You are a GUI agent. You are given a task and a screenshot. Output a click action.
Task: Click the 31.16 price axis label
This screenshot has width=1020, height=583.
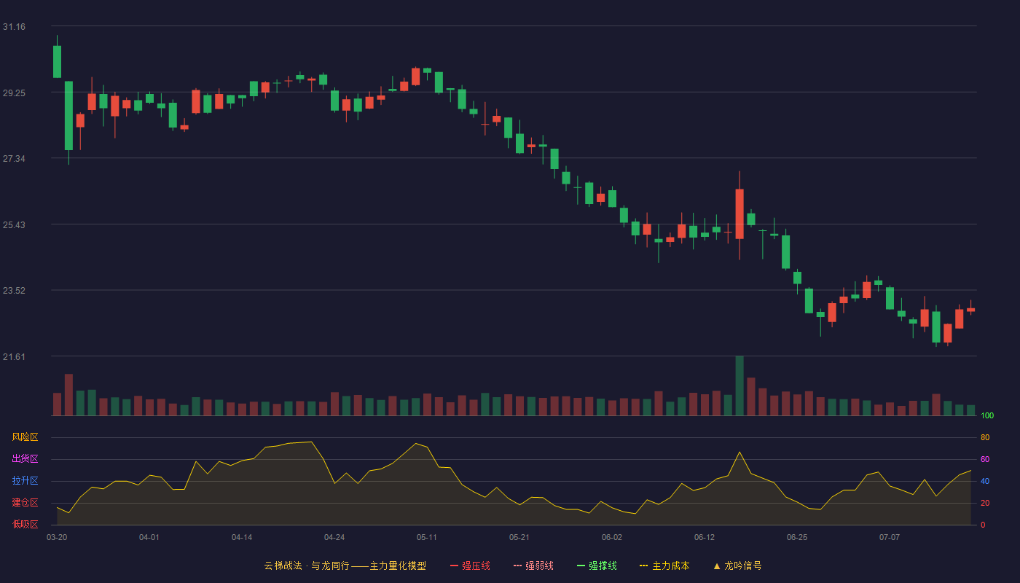[14, 27]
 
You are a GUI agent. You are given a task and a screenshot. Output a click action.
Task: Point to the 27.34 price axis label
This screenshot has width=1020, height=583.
[14, 159]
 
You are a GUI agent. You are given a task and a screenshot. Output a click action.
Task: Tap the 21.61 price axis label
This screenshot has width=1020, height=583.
[14, 356]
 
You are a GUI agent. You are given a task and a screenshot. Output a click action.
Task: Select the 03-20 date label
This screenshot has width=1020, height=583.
[57, 538]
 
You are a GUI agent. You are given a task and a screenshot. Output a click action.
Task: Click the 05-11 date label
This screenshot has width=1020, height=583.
[427, 538]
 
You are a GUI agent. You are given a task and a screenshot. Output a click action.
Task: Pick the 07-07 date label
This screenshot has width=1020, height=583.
[890, 538]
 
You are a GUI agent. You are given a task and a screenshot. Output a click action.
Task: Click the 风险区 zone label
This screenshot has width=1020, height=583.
[25, 437]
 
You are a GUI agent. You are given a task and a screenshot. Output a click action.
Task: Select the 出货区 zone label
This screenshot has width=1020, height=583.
[25, 458]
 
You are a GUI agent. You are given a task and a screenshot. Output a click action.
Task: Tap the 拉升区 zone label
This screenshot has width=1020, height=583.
[25, 480]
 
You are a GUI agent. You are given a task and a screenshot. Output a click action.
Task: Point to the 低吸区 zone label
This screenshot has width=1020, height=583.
[25, 524]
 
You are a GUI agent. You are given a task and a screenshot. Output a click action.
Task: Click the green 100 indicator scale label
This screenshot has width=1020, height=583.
[987, 415]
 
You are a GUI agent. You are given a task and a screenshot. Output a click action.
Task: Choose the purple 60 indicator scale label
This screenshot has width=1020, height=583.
[985, 459]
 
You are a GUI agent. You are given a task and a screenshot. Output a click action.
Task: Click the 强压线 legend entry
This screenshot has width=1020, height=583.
[470, 566]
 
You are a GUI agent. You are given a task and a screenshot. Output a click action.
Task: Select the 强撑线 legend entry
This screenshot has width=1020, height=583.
[597, 566]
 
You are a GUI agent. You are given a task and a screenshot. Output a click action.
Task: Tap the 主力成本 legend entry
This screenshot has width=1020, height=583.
[664, 566]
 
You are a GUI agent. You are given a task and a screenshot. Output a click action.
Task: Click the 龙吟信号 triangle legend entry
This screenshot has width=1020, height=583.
[737, 566]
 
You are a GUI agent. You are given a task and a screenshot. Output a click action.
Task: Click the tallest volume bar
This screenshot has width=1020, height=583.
[739, 386]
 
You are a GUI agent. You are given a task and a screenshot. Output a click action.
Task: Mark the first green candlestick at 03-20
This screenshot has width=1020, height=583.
[57, 61]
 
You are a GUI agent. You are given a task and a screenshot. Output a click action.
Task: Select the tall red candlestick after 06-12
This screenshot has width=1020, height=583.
[739, 214]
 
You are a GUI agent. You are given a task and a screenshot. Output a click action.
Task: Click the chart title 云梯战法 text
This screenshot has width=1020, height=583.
[283, 566]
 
